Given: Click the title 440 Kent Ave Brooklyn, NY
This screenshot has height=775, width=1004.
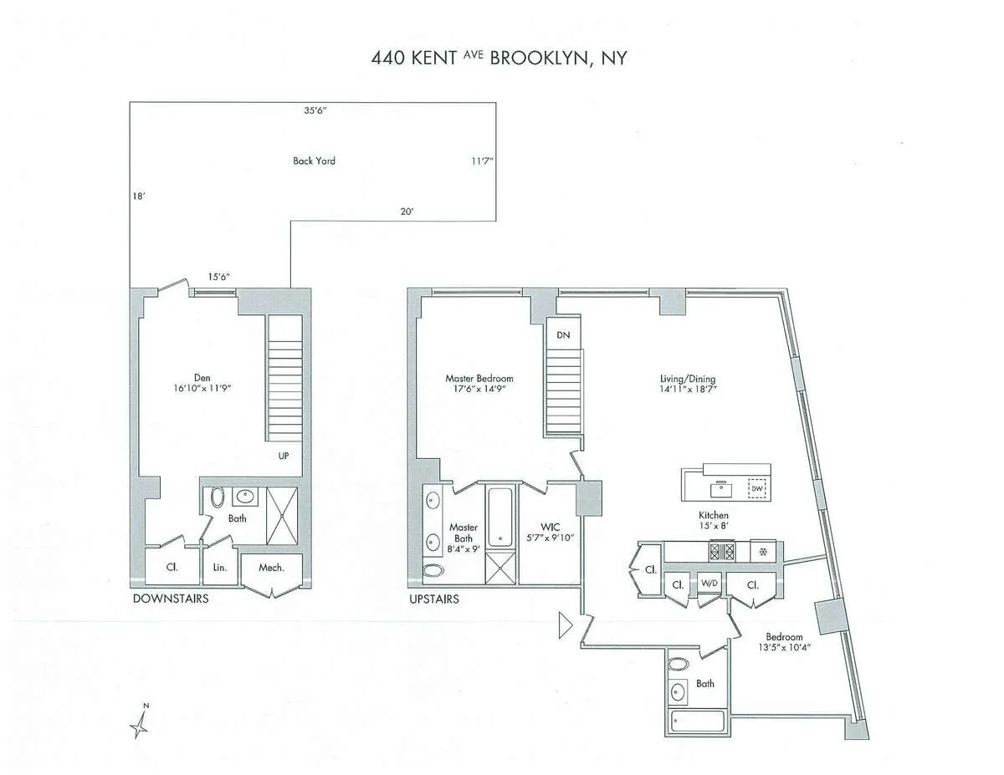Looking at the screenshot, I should (x=499, y=58).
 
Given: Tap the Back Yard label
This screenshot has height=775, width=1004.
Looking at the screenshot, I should (x=314, y=161).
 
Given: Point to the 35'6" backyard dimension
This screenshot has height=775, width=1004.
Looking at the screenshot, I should (x=315, y=110).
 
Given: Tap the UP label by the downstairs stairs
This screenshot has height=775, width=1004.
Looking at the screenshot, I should (x=284, y=456).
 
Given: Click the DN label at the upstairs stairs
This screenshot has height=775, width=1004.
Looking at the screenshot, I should (x=562, y=334).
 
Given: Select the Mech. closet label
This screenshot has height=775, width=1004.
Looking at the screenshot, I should (x=271, y=568).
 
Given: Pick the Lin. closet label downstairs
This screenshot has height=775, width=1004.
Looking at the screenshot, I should (x=220, y=568).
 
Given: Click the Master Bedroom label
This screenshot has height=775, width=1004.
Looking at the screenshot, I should (x=479, y=384).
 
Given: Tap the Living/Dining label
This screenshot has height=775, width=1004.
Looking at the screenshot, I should (x=687, y=384).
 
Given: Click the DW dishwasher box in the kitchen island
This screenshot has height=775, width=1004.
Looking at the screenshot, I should (x=757, y=488).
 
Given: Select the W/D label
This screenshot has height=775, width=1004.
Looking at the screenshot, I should (x=709, y=583).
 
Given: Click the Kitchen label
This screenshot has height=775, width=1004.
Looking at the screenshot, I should (x=714, y=521).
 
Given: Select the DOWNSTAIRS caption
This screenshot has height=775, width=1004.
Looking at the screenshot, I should (x=171, y=599).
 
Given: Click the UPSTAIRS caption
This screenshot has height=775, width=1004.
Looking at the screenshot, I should (x=433, y=599).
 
